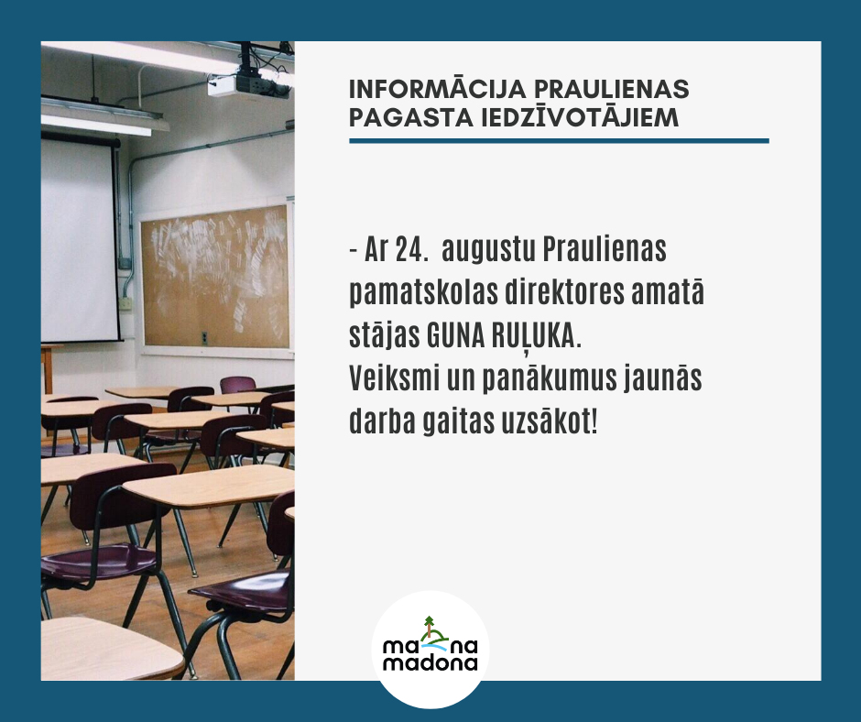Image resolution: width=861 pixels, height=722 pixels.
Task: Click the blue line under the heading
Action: click(x=559, y=141)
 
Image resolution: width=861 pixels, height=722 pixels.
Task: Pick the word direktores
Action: click(x=564, y=293)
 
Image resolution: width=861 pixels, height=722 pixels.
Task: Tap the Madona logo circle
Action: click(x=430, y=649)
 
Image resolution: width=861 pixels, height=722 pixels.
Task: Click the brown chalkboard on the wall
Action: click(x=215, y=278)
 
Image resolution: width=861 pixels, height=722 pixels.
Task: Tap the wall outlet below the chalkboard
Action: click(x=204, y=338)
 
